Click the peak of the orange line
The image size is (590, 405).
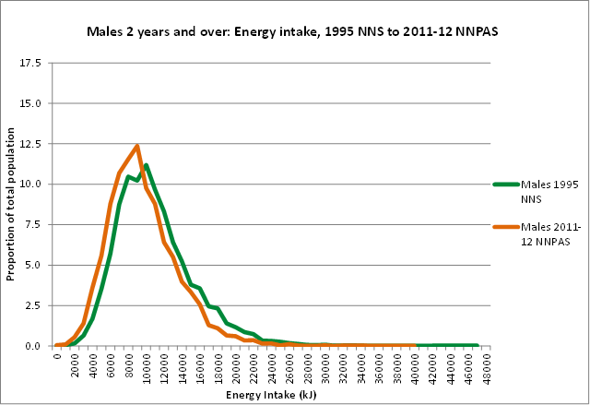pyautogui.click(x=136, y=146)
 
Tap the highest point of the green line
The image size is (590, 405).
pyautogui.click(x=146, y=165)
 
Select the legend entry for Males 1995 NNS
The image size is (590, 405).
pyautogui.click(x=549, y=190)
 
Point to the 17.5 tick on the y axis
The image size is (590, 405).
pyautogui.click(x=29, y=64)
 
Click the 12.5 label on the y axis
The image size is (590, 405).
pyautogui.click(x=29, y=145)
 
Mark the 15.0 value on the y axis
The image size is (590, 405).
pyautogui.click(x=29, y=104)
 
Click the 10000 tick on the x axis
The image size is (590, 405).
pyautogui.click(x=147, y=365)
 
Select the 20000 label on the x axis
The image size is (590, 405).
pyautogui.click(x=236, y=365)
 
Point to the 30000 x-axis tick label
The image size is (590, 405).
pyautogui.click(x=325, y=365)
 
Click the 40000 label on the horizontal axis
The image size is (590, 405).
pyautogui.click(x=415, y=365)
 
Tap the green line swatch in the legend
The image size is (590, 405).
pyautogui.click(x=505, y=184)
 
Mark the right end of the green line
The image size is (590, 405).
pyautogui.click(x=477, y=345)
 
